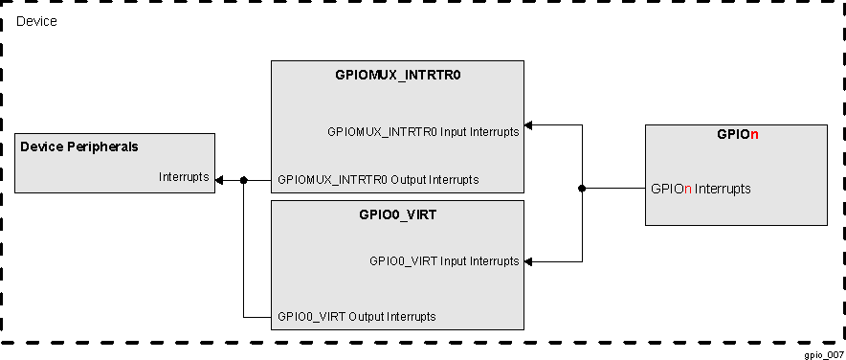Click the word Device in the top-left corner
coord(36,21)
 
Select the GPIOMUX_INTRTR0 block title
coord(398,75)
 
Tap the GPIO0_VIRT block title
coord(398,214)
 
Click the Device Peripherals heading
coord(79,146)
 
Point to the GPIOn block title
coord(737,135)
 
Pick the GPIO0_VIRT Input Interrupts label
coord(444,260)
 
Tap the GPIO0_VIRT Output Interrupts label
coord(357,316)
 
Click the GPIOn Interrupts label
coord(701,189)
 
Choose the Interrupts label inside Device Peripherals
coord(184,176)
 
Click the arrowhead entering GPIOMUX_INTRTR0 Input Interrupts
coord(529,124)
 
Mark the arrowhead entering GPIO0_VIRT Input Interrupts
coord(529,261)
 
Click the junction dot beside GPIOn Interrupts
coord(582,189)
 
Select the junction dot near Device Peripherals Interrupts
coord(244,180)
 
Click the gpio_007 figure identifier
coord(824,354)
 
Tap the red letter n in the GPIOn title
coord(754,135)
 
